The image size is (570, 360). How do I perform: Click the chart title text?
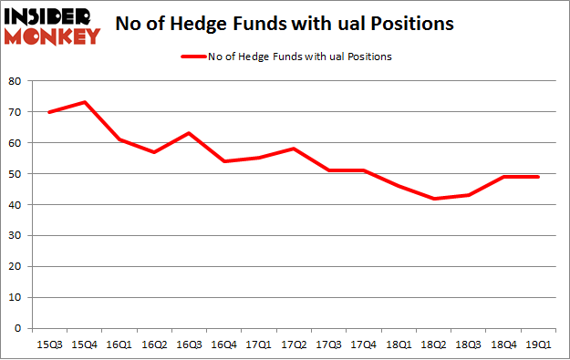[285, 25]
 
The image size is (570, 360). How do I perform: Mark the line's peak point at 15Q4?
[83, 102]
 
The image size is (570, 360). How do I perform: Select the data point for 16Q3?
[188, 133]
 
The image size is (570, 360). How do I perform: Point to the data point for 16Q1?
[118, 139]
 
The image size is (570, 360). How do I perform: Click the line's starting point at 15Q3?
[48, 111]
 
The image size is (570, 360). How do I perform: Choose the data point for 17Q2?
[292, 149]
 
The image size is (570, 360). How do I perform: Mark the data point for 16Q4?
[223, 161]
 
